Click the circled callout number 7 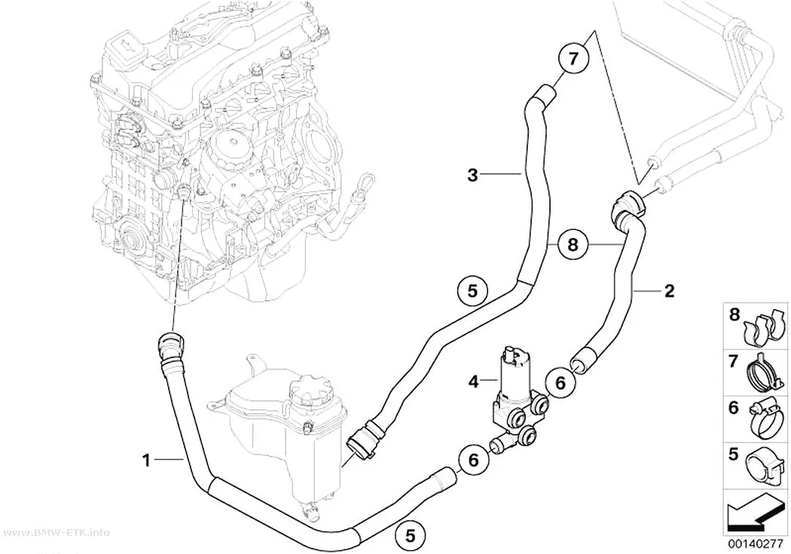[573, 59]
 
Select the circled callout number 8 [573, 245]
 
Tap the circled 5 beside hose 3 [472, 291]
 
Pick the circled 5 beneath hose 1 [410, 535]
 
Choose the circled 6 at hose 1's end [473, 460]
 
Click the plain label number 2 [669, 291]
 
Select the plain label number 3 [472, 175]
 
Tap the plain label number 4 [473, 382]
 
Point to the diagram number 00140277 [755, 544]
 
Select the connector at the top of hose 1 [168, 346]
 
